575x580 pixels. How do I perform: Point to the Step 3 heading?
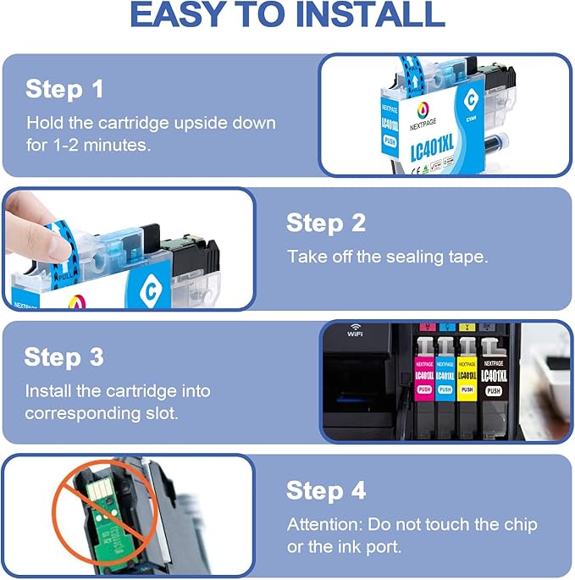pos(64,356)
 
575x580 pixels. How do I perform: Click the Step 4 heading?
pos(326,490)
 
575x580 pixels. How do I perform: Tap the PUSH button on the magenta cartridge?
pos(424,390)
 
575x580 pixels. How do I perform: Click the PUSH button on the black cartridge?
pos(492,390)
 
